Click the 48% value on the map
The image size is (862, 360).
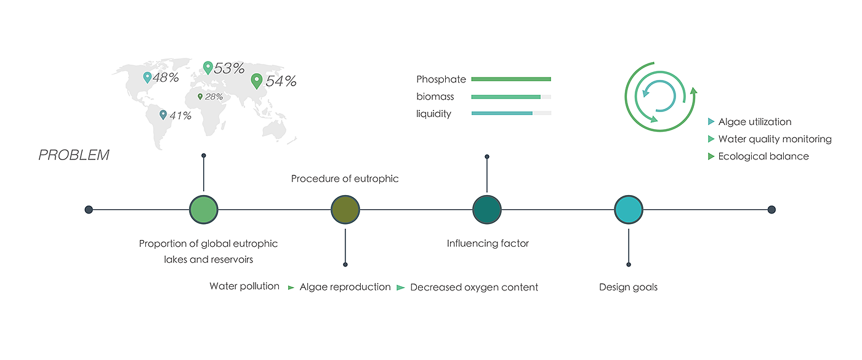(166, 78)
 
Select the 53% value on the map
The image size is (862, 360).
(230, 68)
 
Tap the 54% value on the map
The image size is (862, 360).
(281, 81)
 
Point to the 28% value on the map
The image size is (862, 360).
(214, 97)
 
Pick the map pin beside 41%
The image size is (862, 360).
(163, 114)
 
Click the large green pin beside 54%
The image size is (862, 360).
(257, 81)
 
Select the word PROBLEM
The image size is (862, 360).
(74, 155)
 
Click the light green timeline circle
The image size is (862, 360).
(204, 210)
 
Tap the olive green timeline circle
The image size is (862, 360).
(345, 210)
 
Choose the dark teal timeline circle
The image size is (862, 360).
(487, 210)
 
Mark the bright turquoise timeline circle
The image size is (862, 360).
(629, 210)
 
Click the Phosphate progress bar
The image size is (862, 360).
(511, 79)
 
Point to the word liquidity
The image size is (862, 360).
(433, 114)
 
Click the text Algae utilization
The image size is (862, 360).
(755, 122)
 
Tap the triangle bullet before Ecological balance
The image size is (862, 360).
(712, 156)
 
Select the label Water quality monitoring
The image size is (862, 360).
(775, 139)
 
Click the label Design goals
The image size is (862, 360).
(628, 287)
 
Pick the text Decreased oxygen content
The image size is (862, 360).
(474, 287)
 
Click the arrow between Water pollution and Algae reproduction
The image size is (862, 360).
(291, 287)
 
